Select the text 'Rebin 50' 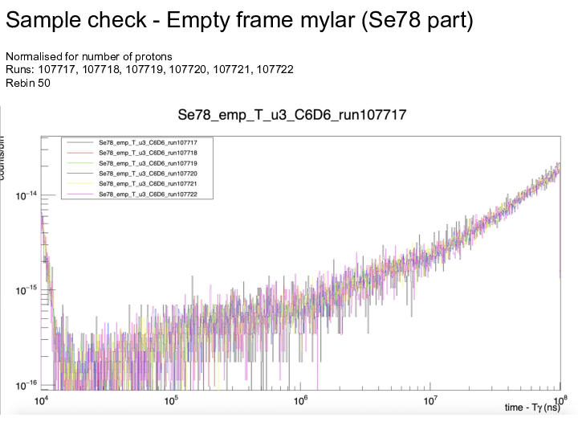tap(28, 82)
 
